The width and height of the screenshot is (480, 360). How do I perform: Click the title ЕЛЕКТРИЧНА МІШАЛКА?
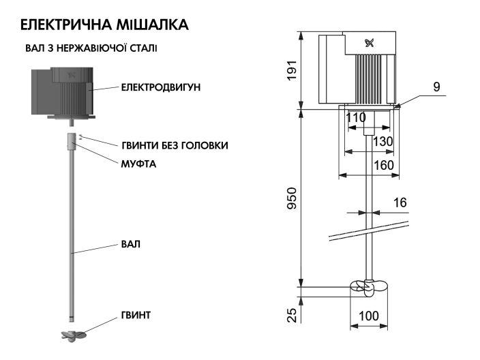pyautogui.click(x=104, y=25)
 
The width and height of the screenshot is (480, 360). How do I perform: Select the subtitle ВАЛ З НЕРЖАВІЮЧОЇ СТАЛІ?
pyautogui.click(x=92, y=48)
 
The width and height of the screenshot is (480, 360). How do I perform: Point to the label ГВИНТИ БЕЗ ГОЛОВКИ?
pyautogui.click(x=175, y=145)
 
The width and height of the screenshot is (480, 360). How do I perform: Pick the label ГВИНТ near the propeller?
pyautogui.click(x=136, y=315)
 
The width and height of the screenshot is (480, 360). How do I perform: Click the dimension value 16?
pyautogui.click(x=400, y=203)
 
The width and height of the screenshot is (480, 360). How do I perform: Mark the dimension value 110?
pyautogui.click(x=356, y=117)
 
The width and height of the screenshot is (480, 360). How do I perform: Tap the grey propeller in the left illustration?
pyautogui.click(x=72, y=335)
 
